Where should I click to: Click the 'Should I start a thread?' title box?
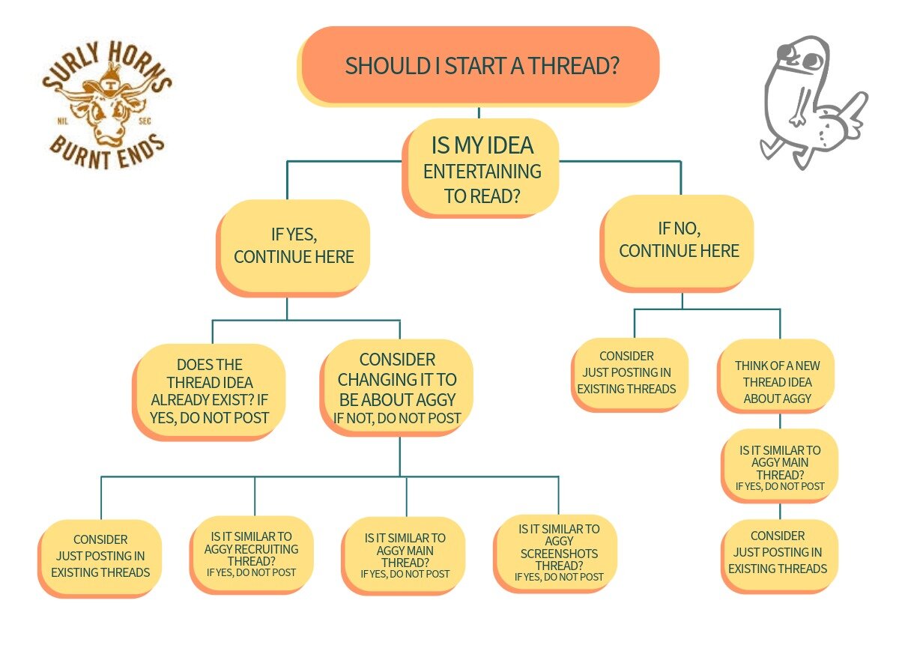(479, 66)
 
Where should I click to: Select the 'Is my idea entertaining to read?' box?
(481, 168)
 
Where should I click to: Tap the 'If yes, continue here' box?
(293, 248)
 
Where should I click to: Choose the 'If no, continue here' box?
(677, 243)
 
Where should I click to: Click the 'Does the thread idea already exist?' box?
(209, 392)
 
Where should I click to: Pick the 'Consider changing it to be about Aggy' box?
(396, 388)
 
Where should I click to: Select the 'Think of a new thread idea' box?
(776, 376)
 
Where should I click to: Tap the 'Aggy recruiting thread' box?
(252, 554)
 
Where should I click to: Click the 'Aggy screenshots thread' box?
(555, 554)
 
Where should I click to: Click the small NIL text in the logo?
(63, 121)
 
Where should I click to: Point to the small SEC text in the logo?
(145, 121)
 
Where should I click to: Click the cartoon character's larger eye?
(812, 61)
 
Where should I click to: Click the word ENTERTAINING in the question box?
(482, 172)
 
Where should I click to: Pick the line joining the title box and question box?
(479, 112)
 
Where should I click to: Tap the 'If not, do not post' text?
(397, 419)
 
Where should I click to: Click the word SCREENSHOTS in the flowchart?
(559, 554)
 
